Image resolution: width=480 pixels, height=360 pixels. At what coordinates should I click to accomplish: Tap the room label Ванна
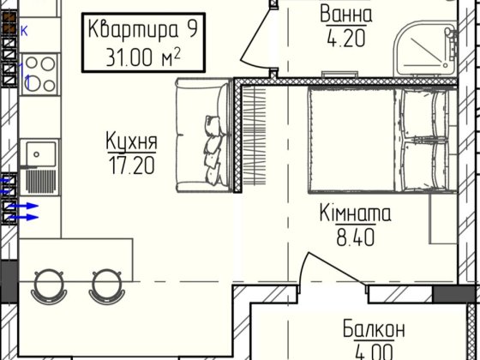pos(346,15)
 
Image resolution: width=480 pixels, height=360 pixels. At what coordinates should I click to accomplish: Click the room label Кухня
pos(131,141)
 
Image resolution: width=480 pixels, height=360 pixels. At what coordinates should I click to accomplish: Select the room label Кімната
pos(355,213)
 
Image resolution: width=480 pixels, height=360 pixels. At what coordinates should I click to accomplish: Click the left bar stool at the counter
pos(49,285)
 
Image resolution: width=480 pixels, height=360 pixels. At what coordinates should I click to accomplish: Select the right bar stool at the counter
pos(105,285)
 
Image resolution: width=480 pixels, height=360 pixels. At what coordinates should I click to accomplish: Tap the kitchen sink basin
pos(38,154)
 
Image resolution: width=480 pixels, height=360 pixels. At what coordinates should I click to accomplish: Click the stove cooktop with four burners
pos(37,69)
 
